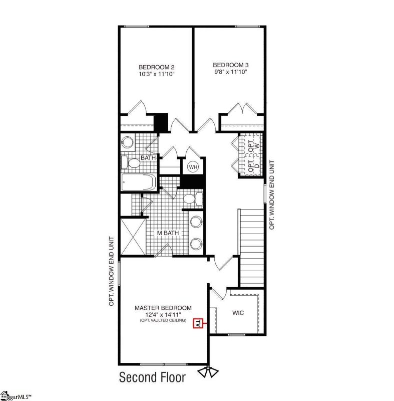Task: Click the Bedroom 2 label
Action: click(x=156, y=67)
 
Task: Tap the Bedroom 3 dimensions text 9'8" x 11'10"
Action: click(x=230, y=72)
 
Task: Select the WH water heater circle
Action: click(x=193, y=166)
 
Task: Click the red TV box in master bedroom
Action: click(x=198, y=324)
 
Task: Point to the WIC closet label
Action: click(x=238, y=312)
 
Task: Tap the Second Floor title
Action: click(x=152, y=377)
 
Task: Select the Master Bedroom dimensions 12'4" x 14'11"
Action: click(x=162, y=314)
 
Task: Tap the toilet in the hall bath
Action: click(x=132, y=162)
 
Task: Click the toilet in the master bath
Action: click(x=192, y=199)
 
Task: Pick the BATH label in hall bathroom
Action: click(x=148, y=158)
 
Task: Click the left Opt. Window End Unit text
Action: click(x=112, y=271)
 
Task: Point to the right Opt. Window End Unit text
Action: click(x=272, y=195)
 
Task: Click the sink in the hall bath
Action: click(x=127, y=142)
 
